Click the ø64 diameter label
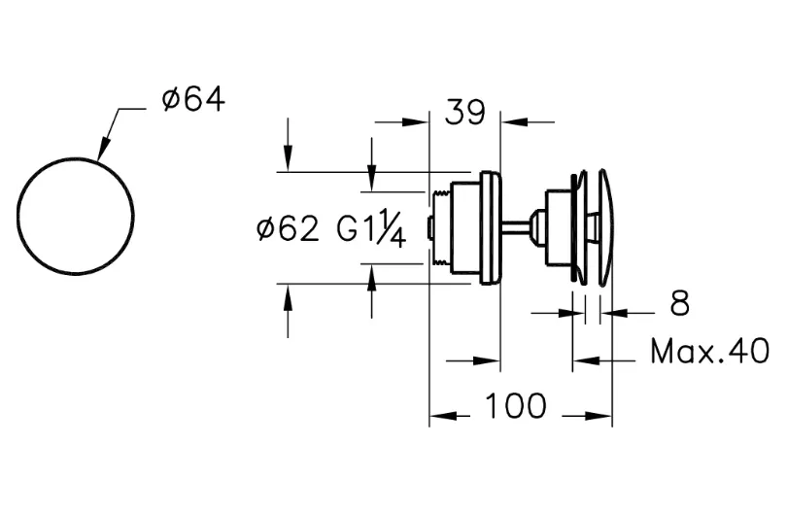193,99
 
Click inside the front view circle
75,217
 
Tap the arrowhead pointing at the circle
103,149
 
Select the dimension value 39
465,112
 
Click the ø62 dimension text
289,229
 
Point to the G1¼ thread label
370,228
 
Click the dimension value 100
516,405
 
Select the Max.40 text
709,351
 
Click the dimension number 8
680,303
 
